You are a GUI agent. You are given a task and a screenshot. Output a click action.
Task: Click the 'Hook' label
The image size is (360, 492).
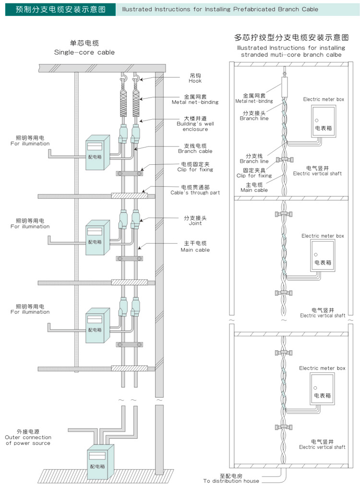pyautogui.click(x=195, y=81)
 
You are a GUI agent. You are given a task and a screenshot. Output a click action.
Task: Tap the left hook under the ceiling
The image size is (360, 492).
pyautogui.click(x=123, y=76)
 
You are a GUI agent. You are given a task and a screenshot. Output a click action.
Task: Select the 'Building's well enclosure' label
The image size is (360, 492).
pyautogui.click(x=195, y=126)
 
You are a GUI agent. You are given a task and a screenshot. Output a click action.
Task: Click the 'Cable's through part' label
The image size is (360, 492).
pyautogui.click(x=195, y=193)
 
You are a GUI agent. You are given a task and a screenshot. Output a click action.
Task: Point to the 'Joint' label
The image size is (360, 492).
pyautogui.click(x=195, y=223)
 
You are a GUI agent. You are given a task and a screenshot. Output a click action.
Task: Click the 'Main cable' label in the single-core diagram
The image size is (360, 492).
pyautogui.click(x=195, y=250)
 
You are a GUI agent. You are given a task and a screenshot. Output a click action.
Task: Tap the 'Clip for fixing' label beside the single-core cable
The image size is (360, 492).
pyautogui.click(x=195, y=170)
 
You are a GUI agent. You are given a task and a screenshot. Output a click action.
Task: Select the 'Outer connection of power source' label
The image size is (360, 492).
pyautogui.click(x=28, y=440)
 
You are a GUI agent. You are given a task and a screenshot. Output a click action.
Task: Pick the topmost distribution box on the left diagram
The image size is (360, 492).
pyautogui.click(x=98, y=152)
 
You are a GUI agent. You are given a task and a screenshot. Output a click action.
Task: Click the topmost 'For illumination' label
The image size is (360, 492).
pyautogui.click(x=30, y=143)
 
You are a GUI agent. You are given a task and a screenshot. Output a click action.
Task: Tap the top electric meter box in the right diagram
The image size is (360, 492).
pyautogui.click(x=324, y=121)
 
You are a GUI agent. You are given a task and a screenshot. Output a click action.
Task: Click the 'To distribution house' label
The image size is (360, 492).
pyautogui.click(x=231, y=481)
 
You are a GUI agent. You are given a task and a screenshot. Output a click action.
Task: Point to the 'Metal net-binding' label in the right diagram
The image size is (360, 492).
pyautogui.click(x=254, y=101)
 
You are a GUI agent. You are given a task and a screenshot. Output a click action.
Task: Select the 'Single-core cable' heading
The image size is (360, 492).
pyautogui.click(x=84, y=52)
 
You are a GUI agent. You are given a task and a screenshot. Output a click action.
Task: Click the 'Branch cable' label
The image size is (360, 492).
pyautogui.click(x=195, y=151)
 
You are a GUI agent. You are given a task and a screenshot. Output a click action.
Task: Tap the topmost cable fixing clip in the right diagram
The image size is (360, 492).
pyautogui.click(x=285, y=160)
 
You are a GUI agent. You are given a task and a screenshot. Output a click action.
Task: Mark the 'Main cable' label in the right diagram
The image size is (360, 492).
pyautogui.click(x=254, y=190)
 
